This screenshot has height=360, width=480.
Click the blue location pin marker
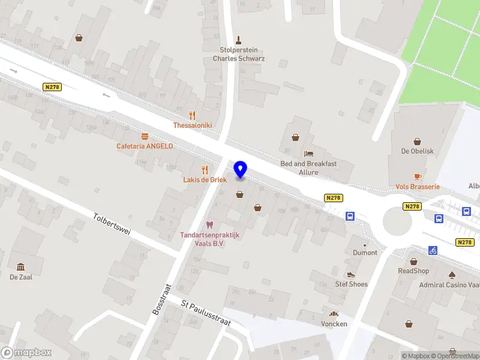pyautogui.click(x=240, y=170)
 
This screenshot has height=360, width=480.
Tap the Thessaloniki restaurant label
pyautogui.click(x=192, y=125)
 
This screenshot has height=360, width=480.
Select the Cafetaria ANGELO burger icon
pyautogui.click(x=145, y=136)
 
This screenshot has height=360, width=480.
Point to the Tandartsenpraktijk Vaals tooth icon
pyautogui.click(x=209, y=225)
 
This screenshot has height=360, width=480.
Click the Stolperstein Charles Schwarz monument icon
pyautogui.click(x=239, y=40)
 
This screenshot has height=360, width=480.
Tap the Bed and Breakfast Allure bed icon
pyautogui.click(x=308, y=154)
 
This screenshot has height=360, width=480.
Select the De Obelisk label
pyautogui.click(x=417, y=151)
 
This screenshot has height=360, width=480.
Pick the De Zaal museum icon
pyautogui.click(x=21, y=266)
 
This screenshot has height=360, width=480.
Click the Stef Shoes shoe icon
pyautogui.click(x=351, y=274)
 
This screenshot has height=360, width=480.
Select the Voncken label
pyautogui.click(x=334, y=323)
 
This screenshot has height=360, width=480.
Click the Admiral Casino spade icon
pyautogui.click(x=452, y=275)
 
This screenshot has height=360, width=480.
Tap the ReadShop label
pyautogui.click(x=413, y=271)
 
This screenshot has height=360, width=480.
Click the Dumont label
pyautogui.click(x=365, y=253)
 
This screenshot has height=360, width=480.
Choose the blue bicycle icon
pyautogui.click(x=433, y=251)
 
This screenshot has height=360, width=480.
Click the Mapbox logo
pyautogui.click(x=26, y=353)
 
